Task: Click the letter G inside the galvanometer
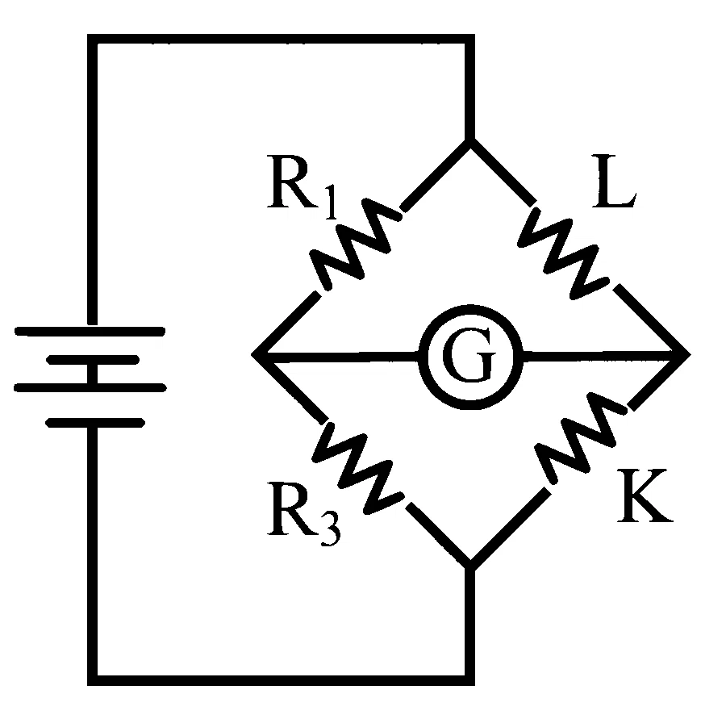tap(469, 354)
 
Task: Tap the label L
tap(614, 181)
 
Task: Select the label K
tap(645, 495)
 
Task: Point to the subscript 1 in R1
tap(330, 202)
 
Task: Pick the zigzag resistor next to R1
tap(355, 245)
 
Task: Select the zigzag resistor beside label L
tap(563, 253)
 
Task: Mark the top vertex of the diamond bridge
tap(470, 140)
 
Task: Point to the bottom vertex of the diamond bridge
tap(470, 566)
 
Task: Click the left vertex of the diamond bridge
tap(254, 355)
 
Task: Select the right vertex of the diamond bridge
tap(688, 354)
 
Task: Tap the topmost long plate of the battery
tap(90, 332)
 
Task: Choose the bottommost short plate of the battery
tap(95, 423)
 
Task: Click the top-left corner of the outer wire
tap(92, 39)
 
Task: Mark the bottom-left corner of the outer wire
tap(92, 680)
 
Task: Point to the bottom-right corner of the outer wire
tap(470, 680)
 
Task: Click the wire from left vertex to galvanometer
tap(340, 357)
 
